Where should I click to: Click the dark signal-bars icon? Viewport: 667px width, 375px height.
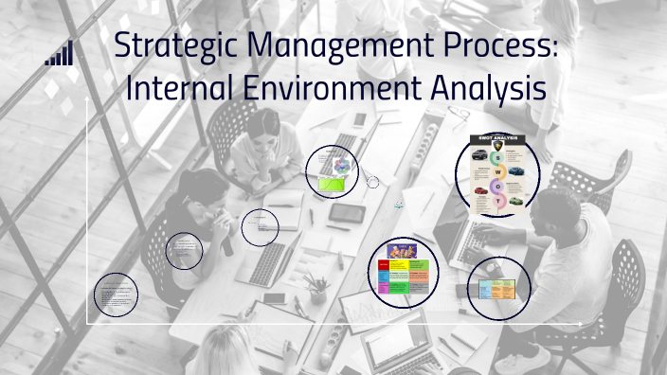coord(59,54)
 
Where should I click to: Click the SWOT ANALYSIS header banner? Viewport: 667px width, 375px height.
coord(497,138)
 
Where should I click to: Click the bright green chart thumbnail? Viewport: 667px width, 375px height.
coord(331,185)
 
